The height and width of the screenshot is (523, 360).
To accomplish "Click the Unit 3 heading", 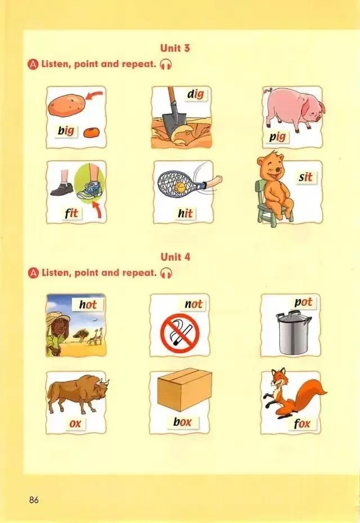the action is point(175,48).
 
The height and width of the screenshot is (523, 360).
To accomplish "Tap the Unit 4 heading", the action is point(175,257).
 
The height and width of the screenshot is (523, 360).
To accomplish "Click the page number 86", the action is point(34,499).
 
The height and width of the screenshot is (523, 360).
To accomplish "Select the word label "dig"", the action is point(195,94).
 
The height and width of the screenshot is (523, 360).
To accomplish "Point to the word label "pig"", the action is point(277,137).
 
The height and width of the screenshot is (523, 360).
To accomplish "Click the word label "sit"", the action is point(305,177).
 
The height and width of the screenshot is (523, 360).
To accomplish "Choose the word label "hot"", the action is point(88,304).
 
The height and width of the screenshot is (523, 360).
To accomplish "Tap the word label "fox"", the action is point(301,423).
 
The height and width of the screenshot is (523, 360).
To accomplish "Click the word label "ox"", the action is point(75,423).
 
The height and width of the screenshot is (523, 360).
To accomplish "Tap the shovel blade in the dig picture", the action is point(174,123).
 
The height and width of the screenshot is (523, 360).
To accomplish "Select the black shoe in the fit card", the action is point(62,189).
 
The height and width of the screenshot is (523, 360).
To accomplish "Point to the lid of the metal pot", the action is point(294,316).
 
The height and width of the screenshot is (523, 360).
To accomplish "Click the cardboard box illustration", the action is point(184,389).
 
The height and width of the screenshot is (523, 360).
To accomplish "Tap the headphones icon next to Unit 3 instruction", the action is point(166,64).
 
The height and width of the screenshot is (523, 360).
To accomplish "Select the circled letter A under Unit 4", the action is point(33,273).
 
